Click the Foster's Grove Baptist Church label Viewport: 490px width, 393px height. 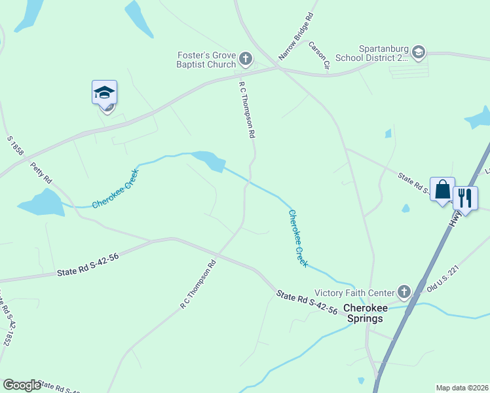pyautogui.click(x=206, y=60)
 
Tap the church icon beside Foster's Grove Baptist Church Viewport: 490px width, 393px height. pyautogui.click(x=246, y=60)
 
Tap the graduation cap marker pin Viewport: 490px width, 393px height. pyautogui.click(x=104, y=93)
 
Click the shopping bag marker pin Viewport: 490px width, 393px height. pyautogui.click(x=442, y=189)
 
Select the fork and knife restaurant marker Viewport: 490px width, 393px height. pyautogui.click(x=465, y=197)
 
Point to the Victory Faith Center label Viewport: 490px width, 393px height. pyautogui.click(x=354, y=292)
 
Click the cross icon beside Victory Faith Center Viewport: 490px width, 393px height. pyautogui.click(x=404, y=292)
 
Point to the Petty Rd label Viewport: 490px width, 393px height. pyautogui.click(x=41, y=173)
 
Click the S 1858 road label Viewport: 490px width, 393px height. pyautogui.click(x=15, y=146)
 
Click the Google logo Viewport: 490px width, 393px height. pyautogui.click(x=22, y=385)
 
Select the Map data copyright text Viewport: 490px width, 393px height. pyautogui.click(x=462, y=388)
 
